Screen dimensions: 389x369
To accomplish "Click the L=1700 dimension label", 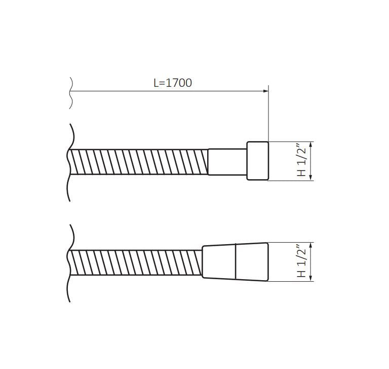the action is pos(173,83).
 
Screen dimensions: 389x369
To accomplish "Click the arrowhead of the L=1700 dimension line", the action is pos(266,91).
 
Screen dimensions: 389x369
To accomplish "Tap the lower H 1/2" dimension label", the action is pos(302,261).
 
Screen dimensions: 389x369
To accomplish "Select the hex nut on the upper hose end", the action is pos(257,161).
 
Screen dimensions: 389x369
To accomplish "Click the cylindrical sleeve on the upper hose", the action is pos(227,162).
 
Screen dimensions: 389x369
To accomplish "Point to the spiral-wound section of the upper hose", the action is pos(138,162).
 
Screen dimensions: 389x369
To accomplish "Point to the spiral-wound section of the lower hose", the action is pos(136,262).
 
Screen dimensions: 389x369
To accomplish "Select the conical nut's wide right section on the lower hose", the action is pos(252,262).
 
